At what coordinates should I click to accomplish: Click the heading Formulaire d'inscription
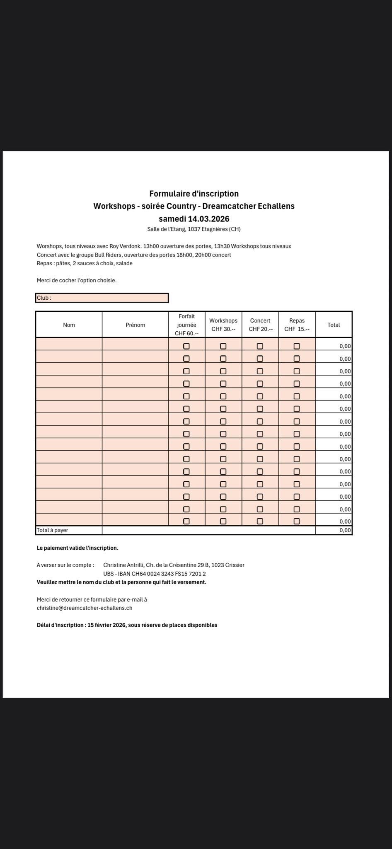(194, 194)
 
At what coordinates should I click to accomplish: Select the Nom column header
(69, 325)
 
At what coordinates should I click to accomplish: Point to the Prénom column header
(135, 325)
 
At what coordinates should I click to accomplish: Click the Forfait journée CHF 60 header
(186, 325)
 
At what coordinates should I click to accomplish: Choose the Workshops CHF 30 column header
(223, 325)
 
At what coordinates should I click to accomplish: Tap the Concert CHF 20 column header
(260, 325)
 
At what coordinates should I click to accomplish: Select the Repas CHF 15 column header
(297, 325)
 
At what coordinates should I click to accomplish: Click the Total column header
(334, 325)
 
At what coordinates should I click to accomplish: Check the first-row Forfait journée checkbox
(186, 346)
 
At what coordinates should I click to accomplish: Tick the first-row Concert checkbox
(260, 346)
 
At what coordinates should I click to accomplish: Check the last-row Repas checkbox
(297, 521)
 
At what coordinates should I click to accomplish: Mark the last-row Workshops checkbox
(223, 521)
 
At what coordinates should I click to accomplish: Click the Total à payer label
(53, 530)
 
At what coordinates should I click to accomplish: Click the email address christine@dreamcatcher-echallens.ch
(85, 608)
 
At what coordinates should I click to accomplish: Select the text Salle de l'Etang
(166, 229)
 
